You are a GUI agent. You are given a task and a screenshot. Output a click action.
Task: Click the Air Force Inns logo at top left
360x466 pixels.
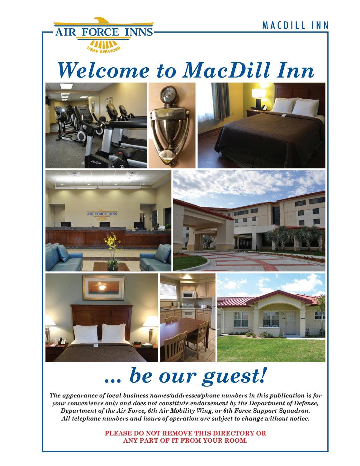tap(104, 35)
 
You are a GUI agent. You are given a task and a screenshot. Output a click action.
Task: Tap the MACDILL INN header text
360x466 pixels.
tap(296, 26)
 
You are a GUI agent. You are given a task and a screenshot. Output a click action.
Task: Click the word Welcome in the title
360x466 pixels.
tap(104, 70)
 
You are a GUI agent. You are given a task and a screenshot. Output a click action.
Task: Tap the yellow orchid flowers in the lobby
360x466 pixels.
tap(112, 240)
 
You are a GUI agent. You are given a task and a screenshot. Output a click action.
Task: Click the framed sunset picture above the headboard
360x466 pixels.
tap(104, 287)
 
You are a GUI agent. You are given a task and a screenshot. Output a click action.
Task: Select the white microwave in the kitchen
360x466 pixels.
tap(189, 294)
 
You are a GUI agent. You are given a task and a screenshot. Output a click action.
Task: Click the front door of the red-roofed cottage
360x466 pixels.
tap(290, 323)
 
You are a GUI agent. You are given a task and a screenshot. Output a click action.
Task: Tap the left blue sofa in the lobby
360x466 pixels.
tap(64, 257)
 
